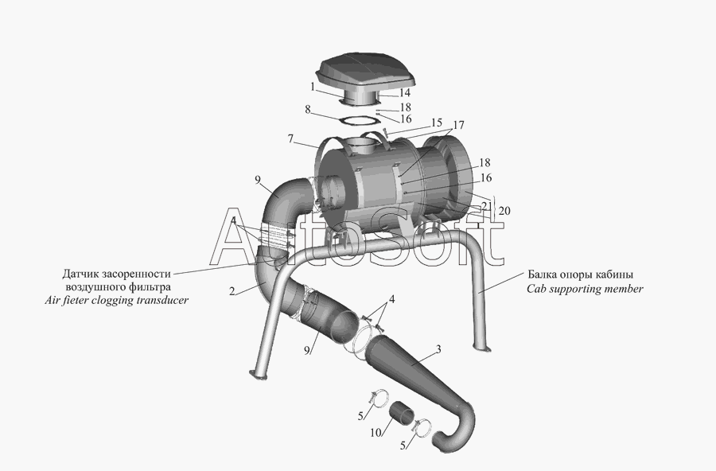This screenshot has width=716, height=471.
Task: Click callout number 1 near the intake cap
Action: pos(313,87)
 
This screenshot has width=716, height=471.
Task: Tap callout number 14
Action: pos(405,93)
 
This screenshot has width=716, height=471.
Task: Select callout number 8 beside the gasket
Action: pos(308,110)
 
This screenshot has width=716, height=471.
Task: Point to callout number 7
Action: pos(290,138)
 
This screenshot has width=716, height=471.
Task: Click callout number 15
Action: pos(436,123)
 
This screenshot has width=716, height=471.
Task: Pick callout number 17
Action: pos(458,125)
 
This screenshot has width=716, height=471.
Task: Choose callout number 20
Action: pos(504,211)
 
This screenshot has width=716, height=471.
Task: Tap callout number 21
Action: pos(487,207)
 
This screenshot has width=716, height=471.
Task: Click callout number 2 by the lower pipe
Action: pos(232,291)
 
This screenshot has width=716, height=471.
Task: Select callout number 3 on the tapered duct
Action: pos(438,349)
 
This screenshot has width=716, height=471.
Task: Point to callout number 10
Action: pos(376,432)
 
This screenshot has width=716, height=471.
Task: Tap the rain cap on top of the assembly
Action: pos(365,78)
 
